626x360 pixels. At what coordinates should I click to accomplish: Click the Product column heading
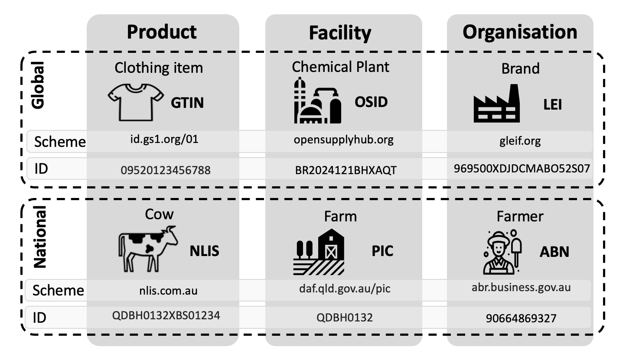162,32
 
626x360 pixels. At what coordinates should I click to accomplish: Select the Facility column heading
340,33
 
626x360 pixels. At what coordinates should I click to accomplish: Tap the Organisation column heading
520,32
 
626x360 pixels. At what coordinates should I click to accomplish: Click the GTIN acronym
187,103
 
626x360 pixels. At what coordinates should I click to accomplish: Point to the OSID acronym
371,102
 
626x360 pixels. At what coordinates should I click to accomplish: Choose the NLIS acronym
205,251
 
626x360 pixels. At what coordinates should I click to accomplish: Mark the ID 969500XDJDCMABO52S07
522,169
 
